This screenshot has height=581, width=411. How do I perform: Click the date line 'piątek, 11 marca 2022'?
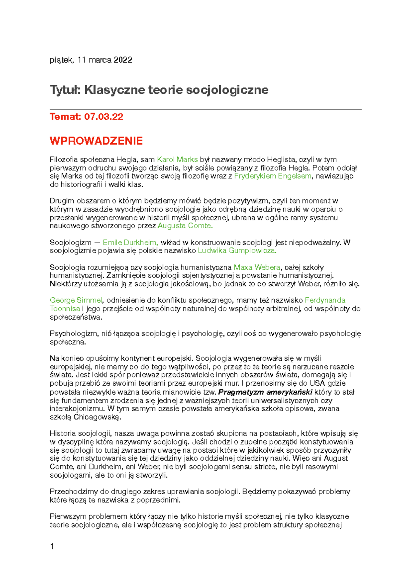pyautogui.click(x=91, y=60)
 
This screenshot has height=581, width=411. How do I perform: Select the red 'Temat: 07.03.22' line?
pyautogui.click(x=86, y=117)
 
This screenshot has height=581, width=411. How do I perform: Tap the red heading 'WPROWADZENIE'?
pyautogui.click(x=96, y=141)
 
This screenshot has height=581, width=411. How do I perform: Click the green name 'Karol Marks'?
pyautogui.click(x=177, y=159)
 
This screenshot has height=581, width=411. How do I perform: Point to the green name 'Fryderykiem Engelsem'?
pyautogui.click(x=273, y=176)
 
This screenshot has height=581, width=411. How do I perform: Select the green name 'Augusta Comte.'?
pyautogui.click(x=185, y=226)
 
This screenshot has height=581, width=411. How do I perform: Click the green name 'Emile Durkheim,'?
pyautogui.click(x=130, y=243)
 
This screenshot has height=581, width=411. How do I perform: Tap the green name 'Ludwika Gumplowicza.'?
pyautogui.click(x=237, y=251)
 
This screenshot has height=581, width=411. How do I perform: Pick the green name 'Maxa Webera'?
pyautogui.click(x=257, y=267)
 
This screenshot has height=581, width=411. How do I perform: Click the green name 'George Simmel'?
pyautogui.click(x=76, y=300)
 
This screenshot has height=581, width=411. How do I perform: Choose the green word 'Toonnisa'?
pyautogui.click(x=65, y=309)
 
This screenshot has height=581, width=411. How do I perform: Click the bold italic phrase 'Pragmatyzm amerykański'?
pyautogui.click(x=265, y=392)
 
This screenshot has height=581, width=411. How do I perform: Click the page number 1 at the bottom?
pyautogui.click(x=52, y=546)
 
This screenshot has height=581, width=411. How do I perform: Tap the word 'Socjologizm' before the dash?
pyautogui.click(x=71, y=243)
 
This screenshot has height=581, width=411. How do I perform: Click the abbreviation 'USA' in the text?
pyautogui.click(x=317, y=383)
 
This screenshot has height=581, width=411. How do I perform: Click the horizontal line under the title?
pyautogui.click(x=206, y=109)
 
